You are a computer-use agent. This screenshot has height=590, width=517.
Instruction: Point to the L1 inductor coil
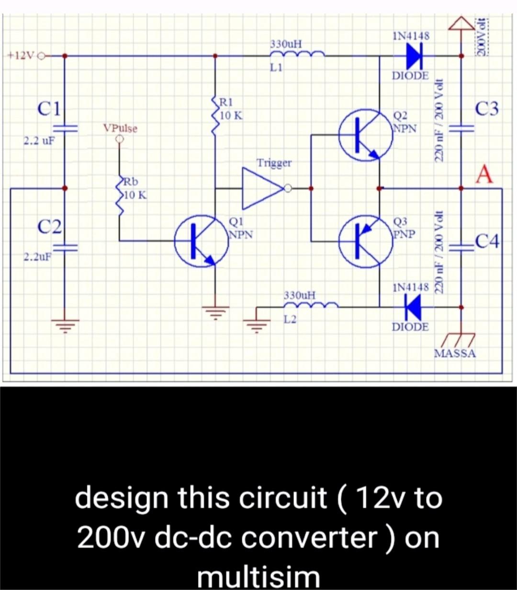[x=297, y=54]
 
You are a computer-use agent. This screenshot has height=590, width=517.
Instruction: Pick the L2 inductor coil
[x=311, y=305]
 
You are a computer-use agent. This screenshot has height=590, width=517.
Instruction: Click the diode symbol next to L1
[x=414, y=56]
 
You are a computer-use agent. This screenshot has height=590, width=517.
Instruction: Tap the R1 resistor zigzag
[x=215, y=116]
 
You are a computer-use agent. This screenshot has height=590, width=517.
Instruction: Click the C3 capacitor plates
[x=461, y=128]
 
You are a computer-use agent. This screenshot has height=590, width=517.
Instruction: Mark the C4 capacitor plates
[x=461, y=248]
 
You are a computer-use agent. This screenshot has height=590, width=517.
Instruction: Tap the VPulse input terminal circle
[x=119, y=139]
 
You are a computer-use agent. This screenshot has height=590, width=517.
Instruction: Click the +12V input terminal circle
[x=42, y=56]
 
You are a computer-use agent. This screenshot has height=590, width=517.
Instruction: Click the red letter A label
[x=484, y=175]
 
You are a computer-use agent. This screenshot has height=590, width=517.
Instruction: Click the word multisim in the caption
[x=258, y=578]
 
